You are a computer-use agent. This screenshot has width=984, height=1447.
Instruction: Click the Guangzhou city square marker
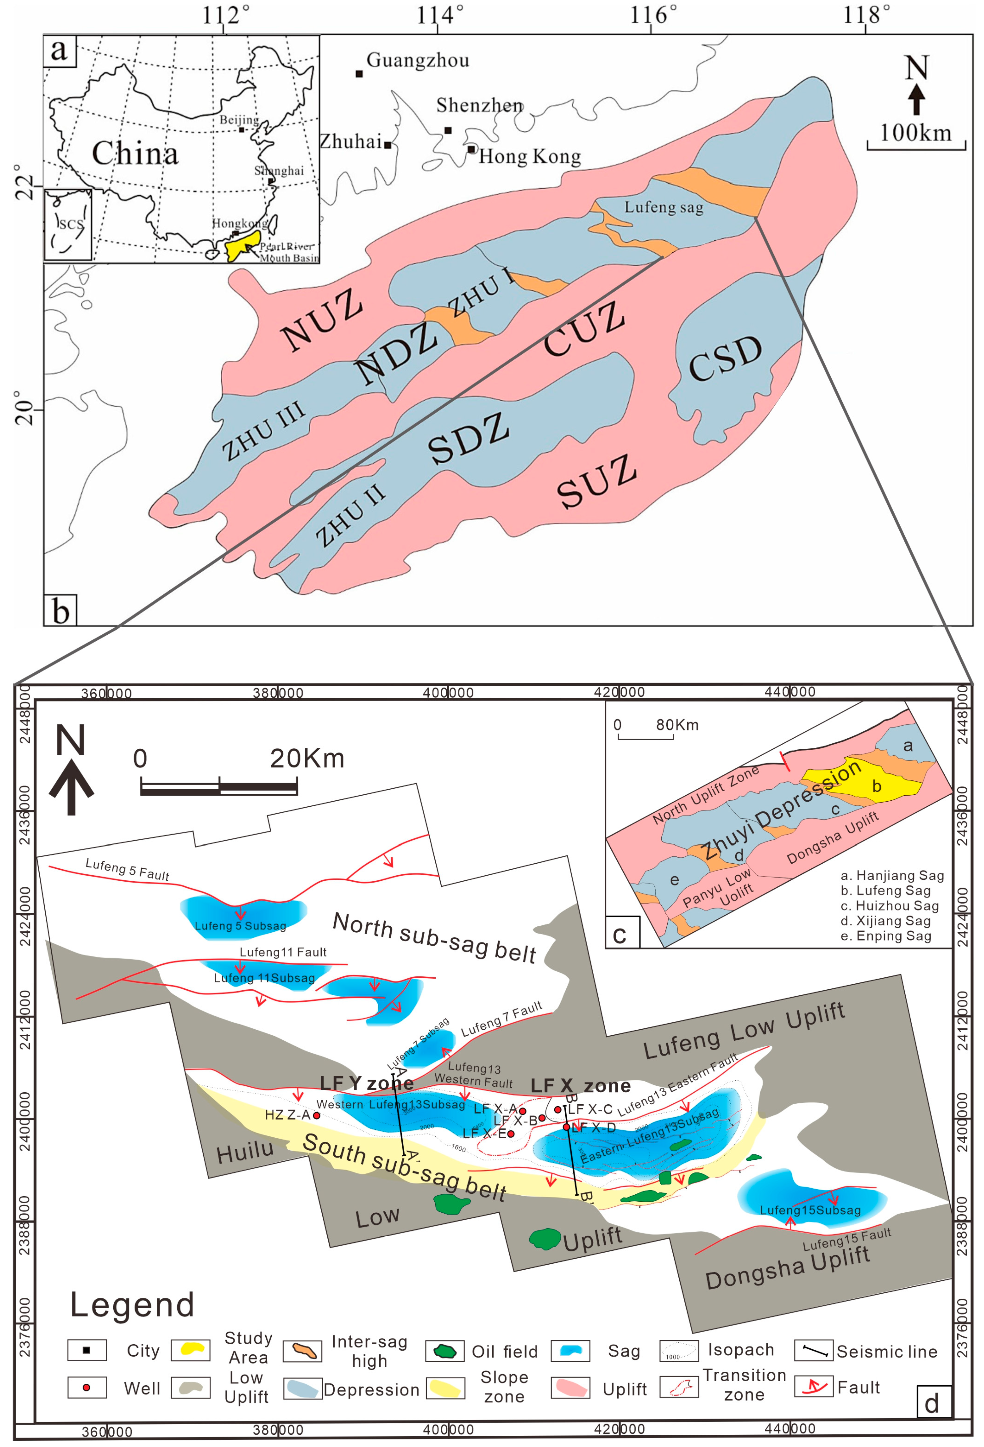[359, 73]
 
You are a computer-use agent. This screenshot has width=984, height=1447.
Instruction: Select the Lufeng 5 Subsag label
[240, 926]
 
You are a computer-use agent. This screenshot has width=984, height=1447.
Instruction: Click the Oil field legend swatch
[444, 1351]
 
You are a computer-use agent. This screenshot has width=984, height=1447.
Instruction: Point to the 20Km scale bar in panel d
[219, 788]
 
